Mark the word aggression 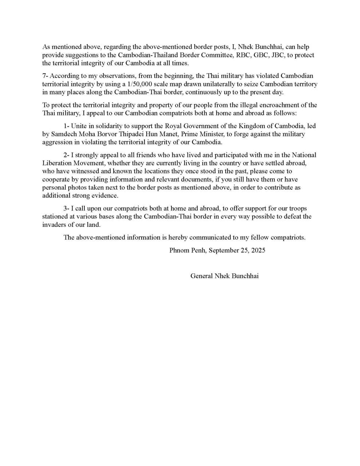pos(58,142)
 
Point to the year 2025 pos(258,250)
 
